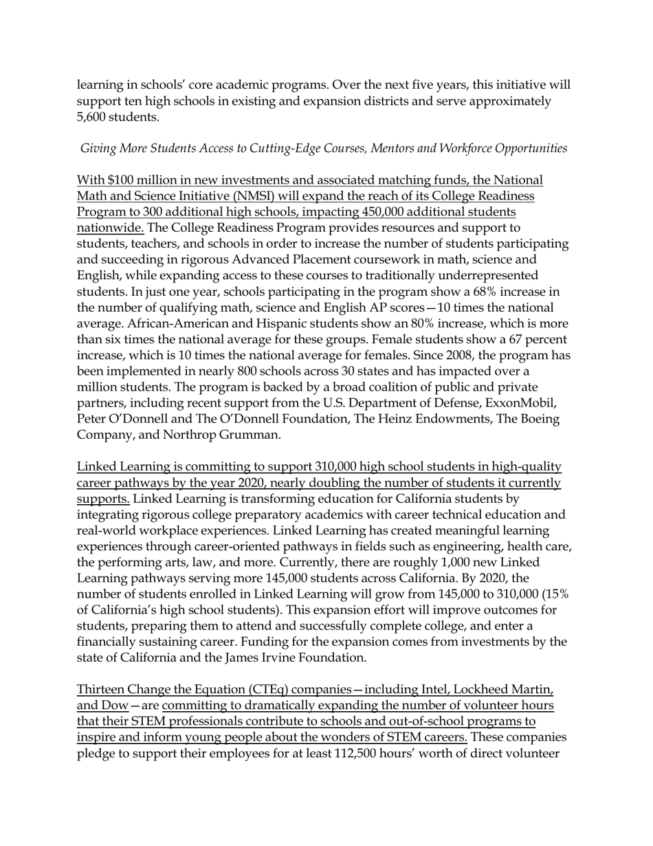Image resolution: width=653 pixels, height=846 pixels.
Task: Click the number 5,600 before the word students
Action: coord(93,118)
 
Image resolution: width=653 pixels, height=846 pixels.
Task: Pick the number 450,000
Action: coord(388,212)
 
